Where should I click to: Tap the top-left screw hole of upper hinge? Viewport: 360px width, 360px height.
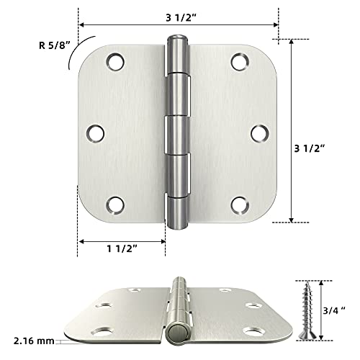[x=114, y=62]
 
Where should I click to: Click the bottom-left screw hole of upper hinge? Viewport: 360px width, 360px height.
[x=114, y=205]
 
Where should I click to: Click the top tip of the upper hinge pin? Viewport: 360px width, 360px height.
[x=176, y=36]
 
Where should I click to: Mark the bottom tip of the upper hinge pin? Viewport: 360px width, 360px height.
[x=176, y=228]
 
